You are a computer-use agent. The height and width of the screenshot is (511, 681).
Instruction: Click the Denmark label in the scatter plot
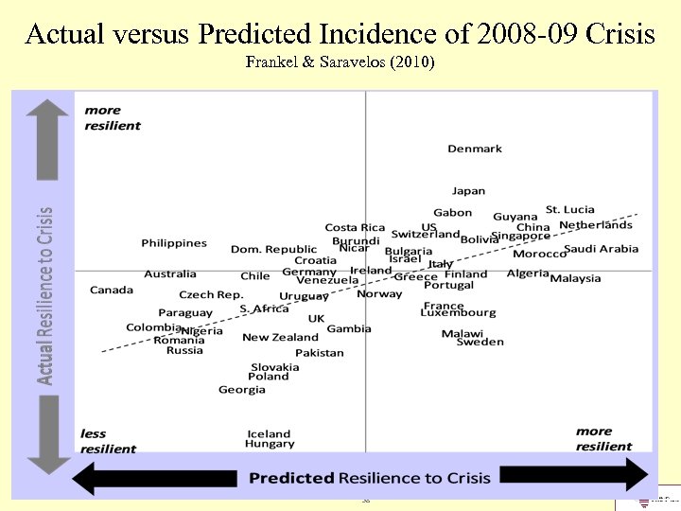(x=475, y=149)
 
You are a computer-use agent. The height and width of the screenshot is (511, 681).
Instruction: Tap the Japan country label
(x=468, y=191)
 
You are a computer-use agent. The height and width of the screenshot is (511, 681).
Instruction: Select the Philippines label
(x=174, y=243)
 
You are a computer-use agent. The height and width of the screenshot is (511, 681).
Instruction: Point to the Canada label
(x=112, y=290)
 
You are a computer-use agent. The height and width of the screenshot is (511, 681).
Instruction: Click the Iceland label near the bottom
(x=270, y=433)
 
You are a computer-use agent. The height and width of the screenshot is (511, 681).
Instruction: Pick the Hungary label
(x=270, y=444)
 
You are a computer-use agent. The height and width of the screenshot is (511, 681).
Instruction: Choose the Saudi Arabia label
(x=602, y=249)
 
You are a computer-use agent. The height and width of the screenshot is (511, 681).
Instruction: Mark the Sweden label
(x=480, y=343)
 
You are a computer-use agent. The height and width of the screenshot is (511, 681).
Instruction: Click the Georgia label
(x=242, y=390)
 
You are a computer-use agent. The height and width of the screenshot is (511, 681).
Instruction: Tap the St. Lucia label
(x=570, y=209)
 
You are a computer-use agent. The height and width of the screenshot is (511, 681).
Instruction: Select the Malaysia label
(x=575, y=278)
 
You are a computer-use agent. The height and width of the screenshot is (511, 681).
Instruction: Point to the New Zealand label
(x=280, y=337)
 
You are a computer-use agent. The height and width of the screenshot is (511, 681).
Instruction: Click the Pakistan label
(x=320, y=353)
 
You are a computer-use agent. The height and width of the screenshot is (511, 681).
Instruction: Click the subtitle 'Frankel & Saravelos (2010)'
(x=340, y=63)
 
